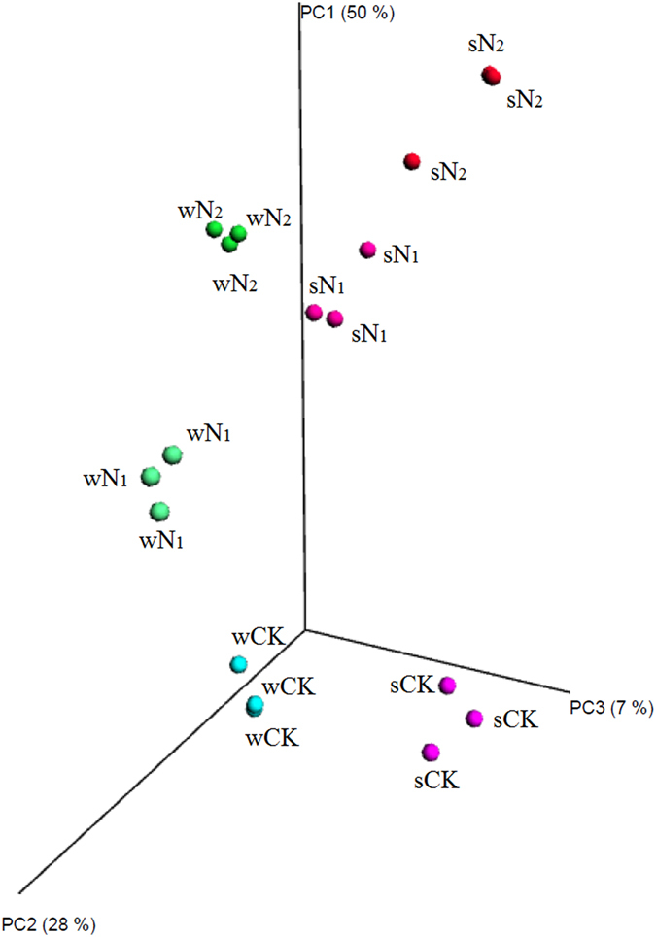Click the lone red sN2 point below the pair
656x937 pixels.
point(411,161)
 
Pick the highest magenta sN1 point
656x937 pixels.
point(367,250)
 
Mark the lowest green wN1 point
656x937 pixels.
point(160,511)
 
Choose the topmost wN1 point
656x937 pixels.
point(172,453)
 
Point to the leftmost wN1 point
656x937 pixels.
point(151,477)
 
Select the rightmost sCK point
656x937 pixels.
point(474,719)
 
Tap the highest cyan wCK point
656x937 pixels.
point(238,664)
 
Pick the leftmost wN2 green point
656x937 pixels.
point(215,230)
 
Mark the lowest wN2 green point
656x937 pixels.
point(229,245)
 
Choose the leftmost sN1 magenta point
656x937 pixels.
point(314,312)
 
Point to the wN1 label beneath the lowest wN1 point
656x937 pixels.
point(160,540)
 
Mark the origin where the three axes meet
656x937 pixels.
point(306,629)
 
